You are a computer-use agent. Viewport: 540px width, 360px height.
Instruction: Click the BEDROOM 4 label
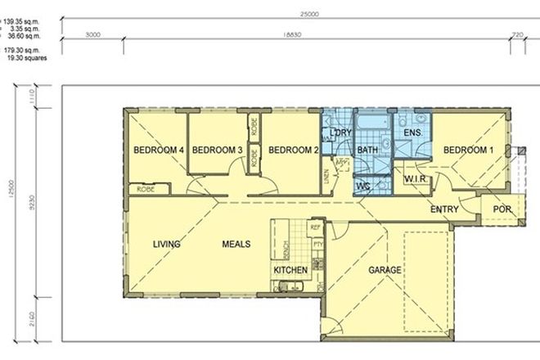(x=158, y=150)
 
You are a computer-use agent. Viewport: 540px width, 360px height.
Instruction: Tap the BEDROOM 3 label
(x=217, y=150)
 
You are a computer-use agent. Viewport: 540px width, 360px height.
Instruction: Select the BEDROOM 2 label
(x=293, y=150)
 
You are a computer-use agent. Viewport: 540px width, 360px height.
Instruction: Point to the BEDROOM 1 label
(x=469, y=150)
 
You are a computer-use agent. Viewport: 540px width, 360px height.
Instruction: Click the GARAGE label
(x=383, y=269)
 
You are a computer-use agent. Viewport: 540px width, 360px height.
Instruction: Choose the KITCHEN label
(x=290, y=270)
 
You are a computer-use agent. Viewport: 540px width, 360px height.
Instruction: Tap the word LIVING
(x=166, y=244)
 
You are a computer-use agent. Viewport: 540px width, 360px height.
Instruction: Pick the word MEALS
(x=235, y=244)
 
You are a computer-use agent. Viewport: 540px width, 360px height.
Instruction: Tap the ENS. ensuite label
(x=413, y=132)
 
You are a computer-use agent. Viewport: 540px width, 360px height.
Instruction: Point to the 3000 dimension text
(x=92, y=35)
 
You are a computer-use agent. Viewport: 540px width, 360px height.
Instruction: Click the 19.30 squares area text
(x=27, y=58)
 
